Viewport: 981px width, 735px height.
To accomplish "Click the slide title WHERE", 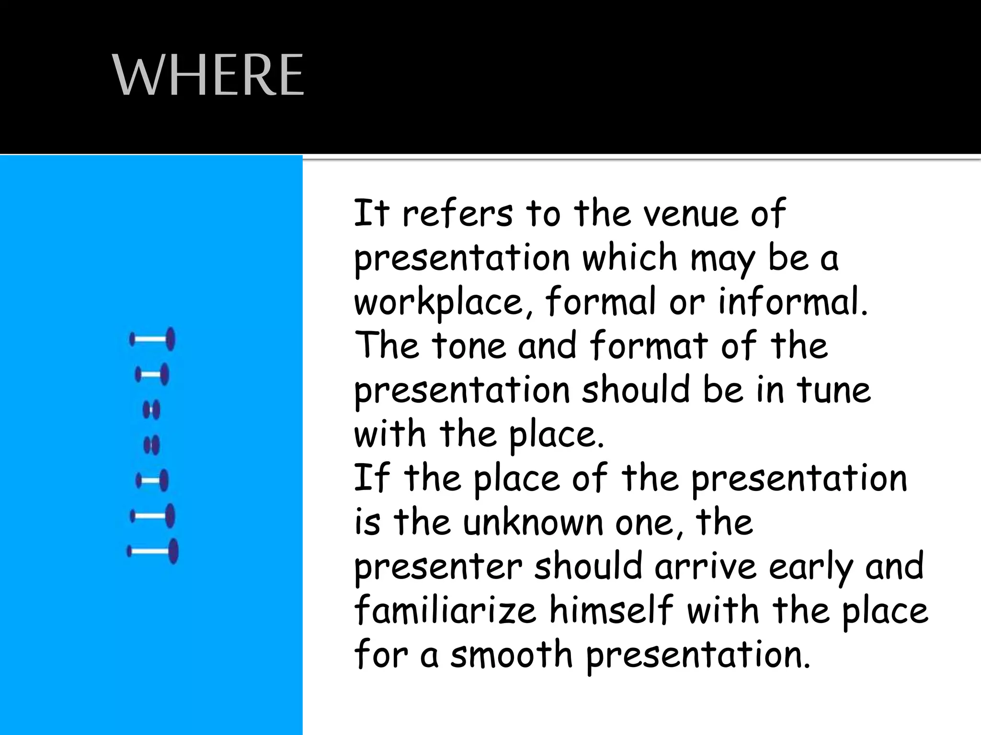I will [208, 75].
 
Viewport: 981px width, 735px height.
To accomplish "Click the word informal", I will [793, 301].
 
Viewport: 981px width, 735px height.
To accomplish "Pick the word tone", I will [469, 345].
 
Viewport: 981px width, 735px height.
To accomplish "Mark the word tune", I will [834, 390].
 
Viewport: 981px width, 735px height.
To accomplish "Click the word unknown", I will [533, 522].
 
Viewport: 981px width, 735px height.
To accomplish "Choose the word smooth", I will [511, 654].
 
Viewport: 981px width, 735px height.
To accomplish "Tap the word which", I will [629, 257].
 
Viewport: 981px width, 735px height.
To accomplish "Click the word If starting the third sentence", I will [371, 478].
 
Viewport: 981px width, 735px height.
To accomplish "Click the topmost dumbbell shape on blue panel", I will [152, 339].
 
